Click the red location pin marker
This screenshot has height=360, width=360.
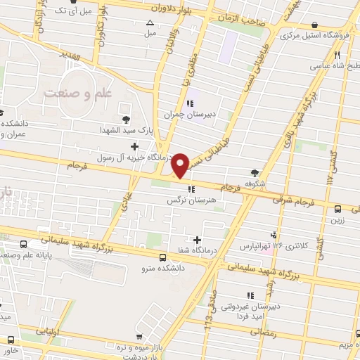181,165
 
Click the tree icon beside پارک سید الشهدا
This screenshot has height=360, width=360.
126,119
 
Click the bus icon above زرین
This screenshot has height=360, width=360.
339,209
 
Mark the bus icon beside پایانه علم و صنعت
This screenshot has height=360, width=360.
25,244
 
